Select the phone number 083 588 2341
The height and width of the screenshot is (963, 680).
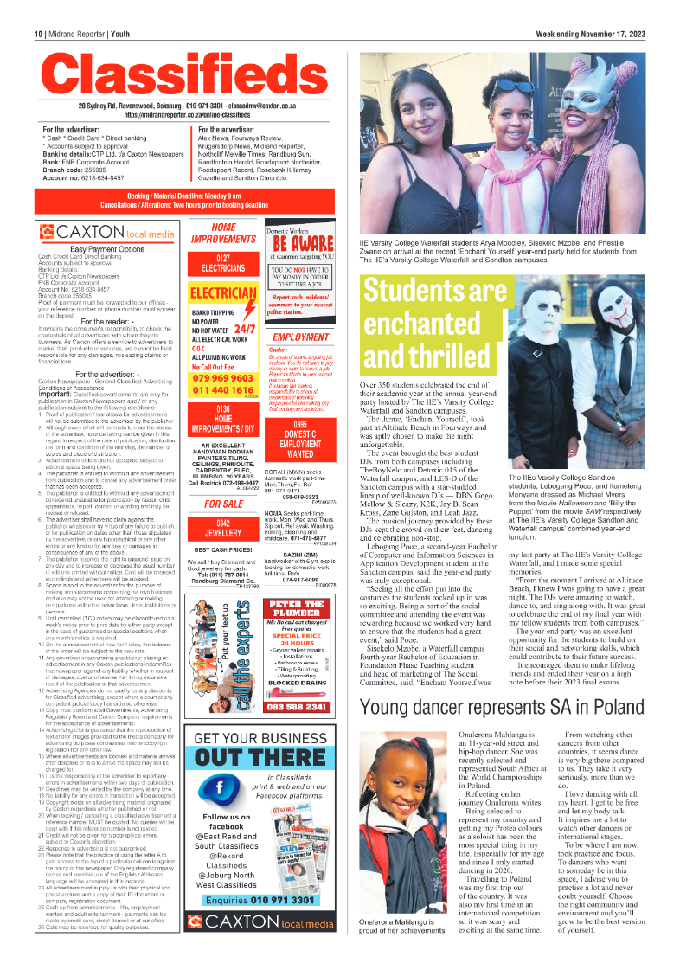click(x=297, y=707)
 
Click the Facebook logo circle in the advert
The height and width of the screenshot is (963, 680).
click(x=226, y=788)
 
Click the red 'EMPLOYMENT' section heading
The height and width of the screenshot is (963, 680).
click(x=300, y=337)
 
